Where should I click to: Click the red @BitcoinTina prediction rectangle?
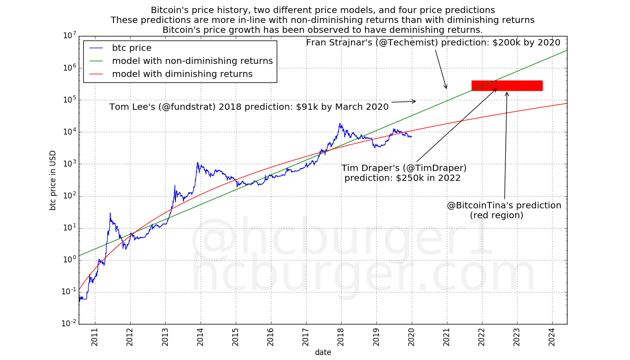tap(507, 85)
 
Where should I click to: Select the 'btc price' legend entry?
tap(132, 48)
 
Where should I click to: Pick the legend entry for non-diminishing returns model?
tap(192, 61)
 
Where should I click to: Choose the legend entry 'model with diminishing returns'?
tap(182, 74)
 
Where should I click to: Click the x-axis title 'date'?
tap(323, 352)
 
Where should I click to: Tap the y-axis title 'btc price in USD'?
tap(53, 180)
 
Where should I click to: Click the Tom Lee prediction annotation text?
tap(249, 107)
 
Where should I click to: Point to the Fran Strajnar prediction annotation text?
tap(433, 43)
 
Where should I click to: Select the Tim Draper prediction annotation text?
tap(404, 173)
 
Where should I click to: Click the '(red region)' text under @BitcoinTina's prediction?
tap(496, 216)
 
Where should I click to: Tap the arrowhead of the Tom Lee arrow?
tap(414, 101)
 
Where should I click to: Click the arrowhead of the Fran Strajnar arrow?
tap(446, 88)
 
